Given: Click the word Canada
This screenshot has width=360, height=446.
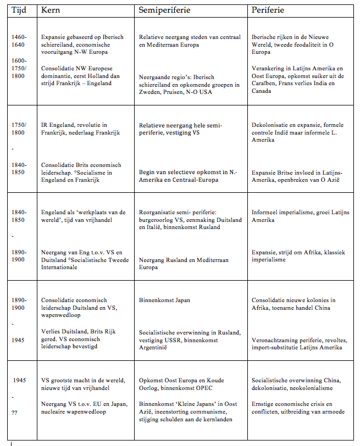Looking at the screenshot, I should [262, 91].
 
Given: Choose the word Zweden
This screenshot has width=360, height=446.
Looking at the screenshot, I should [149, 93].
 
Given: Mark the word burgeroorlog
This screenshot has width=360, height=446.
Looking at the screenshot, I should [157, 220].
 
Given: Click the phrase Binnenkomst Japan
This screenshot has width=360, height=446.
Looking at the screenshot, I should [164, 300].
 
